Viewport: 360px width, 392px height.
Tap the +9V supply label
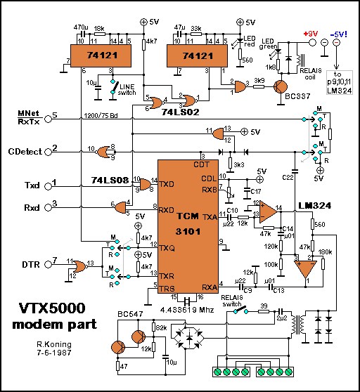point(309,33)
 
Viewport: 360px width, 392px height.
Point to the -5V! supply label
point(340,33)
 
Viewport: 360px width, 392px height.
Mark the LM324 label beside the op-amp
point(314,204)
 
